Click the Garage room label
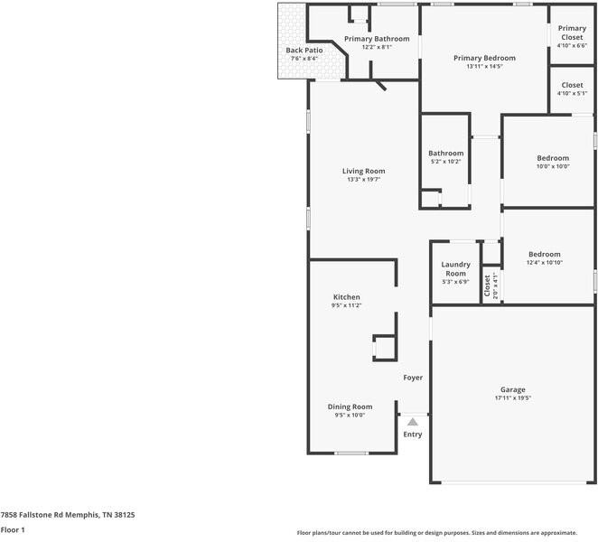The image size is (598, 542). (x=513, y=389)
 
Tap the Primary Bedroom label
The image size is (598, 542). (x=484, y=58)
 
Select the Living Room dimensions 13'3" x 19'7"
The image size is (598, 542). (x=363, y=180)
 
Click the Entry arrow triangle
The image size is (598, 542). (x=413, y=421)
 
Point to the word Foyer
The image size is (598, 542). (x=413, y=378)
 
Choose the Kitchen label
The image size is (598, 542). (x=347, y=296)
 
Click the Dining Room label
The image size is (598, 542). (x=350, y=406)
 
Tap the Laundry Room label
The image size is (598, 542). (x=455, y=269)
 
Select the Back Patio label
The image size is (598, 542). (x=304, y=51)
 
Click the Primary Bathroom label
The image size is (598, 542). (x=377, y=39)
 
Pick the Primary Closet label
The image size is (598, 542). (x=572, y=33)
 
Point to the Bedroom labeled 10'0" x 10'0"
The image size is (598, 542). (x=553, y=158)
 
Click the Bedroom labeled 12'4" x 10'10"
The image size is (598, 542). (x=545, y=255)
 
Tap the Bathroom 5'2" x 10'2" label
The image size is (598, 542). (x=445, y=154)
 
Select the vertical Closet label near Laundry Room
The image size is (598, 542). (x=487, y=285)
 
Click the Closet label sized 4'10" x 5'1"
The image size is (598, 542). (x=572, y=85)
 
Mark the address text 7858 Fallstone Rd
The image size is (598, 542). (x=36, y=514)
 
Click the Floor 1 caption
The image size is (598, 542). (x=13, y=529)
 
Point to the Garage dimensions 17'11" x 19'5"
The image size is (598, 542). (x=513, y=398)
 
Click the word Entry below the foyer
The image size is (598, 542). (x=413, y=435)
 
